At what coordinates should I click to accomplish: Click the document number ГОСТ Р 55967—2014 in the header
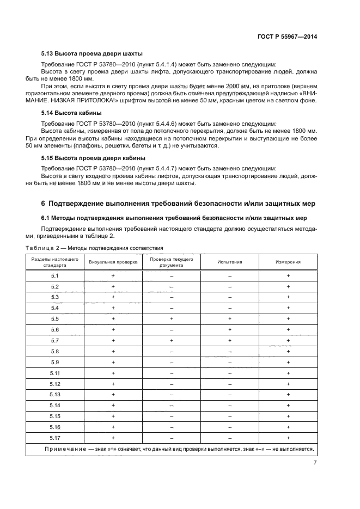(x=287, y=37)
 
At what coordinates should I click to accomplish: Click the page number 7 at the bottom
(x=315, y=463)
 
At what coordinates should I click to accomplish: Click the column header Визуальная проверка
(x=113, y=262)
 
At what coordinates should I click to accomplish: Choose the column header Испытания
(x=230, y=262)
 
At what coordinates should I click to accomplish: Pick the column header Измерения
(x=288, y=262)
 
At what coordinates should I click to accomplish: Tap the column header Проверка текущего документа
(x=171, y=262)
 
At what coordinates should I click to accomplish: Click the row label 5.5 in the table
(x=54, y=319)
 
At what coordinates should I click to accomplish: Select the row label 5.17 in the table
(x=54, y=438)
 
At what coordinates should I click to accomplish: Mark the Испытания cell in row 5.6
(x=230, y=330)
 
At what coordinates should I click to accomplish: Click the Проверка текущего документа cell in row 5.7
(x=171, y=341)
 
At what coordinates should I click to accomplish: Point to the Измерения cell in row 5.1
(x=288, y=276)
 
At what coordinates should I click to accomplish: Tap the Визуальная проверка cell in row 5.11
(x=113, y=373)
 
